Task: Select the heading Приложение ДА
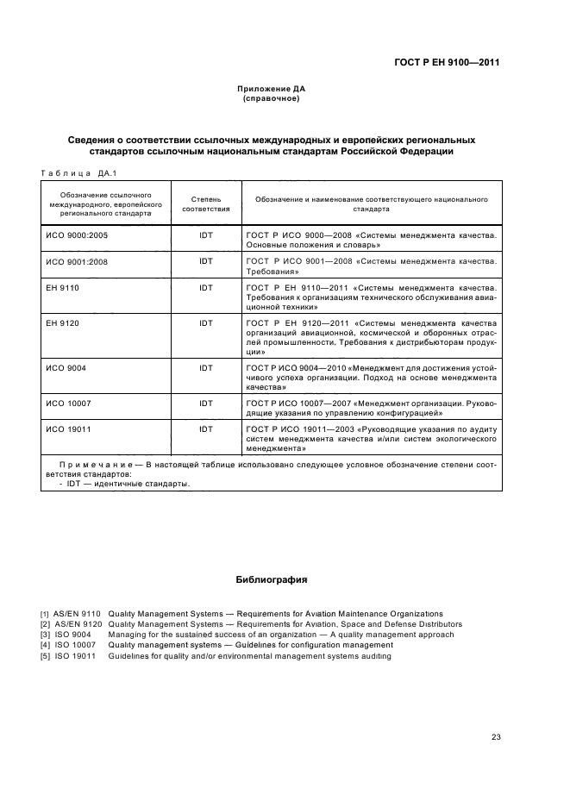(272, 89)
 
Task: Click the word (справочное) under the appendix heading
(272, 98)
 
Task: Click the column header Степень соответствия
(206, 203)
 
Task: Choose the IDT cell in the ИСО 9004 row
(206, 368)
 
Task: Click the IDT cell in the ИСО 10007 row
(206, 403)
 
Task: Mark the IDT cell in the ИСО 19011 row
(206, 429)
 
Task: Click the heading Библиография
(272, 580)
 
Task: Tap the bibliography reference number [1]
(44, 614)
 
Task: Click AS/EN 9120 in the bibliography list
(78, 624)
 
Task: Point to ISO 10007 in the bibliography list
(74, 645)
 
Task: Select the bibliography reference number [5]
(44, 656)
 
